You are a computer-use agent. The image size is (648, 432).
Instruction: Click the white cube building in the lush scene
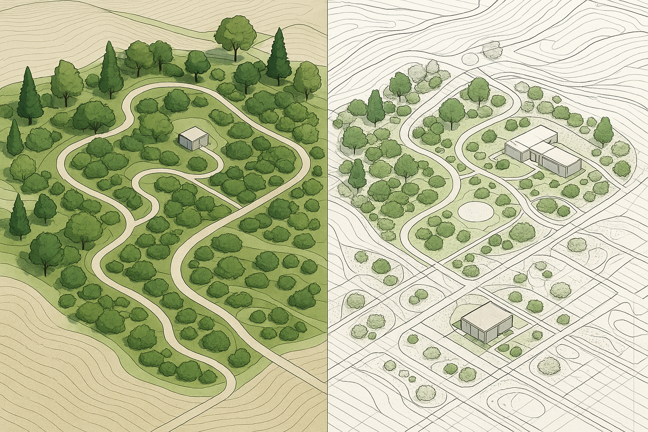194,138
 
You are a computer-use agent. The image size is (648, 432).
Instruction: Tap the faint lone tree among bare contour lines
491,50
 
